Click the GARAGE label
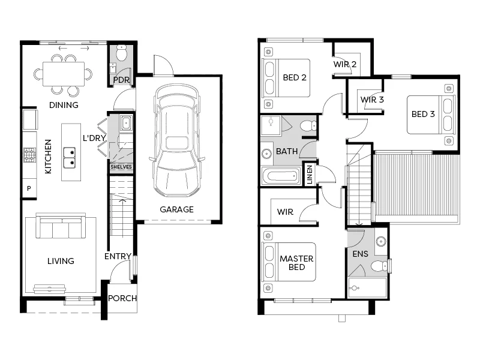[176, 209]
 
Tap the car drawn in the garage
[177, 141]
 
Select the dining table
[64, 74]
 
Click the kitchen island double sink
[69, 158]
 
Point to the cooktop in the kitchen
[29, 155]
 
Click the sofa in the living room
[61, 226]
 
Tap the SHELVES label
[121, 167]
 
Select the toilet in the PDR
[122, 53]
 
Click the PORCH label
[122, 298]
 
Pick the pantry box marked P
[29, 188]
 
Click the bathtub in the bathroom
[281, 176]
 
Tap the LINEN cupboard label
[310, 174]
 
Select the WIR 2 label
[344, 64]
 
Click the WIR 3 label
[372, 100]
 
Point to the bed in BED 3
[431, 115]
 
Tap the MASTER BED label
[296, 263]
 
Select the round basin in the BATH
[266, 154]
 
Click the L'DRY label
[94, 138]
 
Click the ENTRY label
[118, 256]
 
